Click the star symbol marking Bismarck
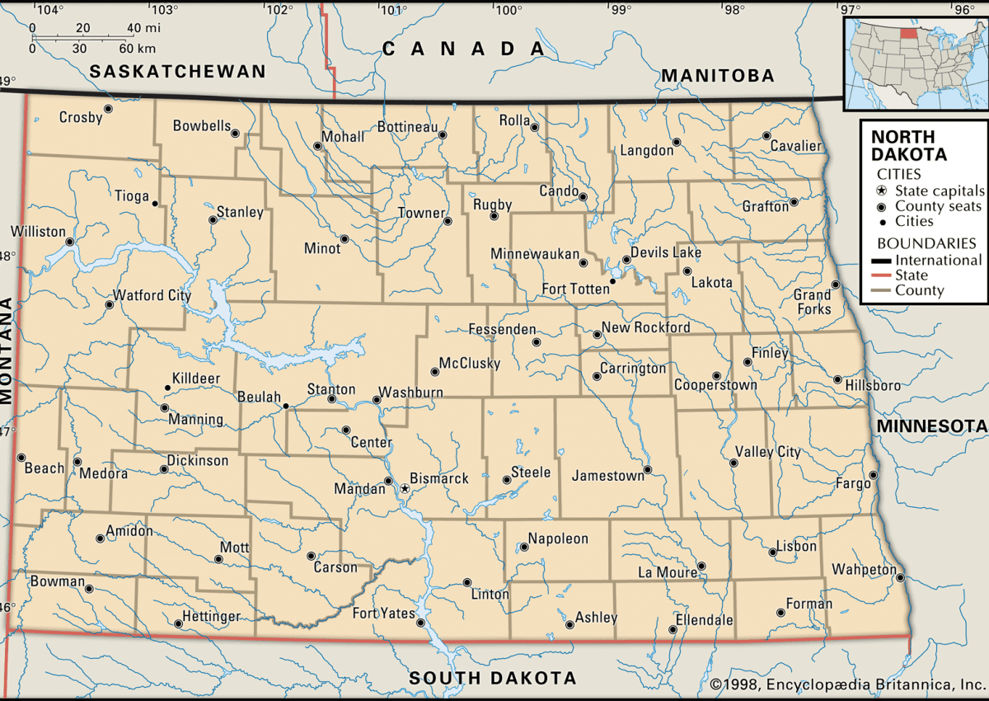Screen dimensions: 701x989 pyautogui.click(x=405, y=489)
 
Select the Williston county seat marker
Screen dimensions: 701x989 pyautogui.click(x=70, y=242)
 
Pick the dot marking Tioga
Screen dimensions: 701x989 pyautogui.click(x=154, y=202)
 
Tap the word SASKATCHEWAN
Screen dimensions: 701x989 pyautogui.click(x=178, y=72)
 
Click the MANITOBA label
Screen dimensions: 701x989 pyautogui.click(x=717, y=76)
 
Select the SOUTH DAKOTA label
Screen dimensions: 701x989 pyautogui.click(x=493, y=678)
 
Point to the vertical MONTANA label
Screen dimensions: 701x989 pyautogui.click(x=8, y=350)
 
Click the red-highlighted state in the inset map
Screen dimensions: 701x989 pyautogui.click(x=908, y=34)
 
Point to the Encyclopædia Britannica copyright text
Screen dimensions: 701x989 pyautogui.click(x=845, y=685)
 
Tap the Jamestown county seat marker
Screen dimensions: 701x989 pyautogui.click(x=648, y=470)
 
